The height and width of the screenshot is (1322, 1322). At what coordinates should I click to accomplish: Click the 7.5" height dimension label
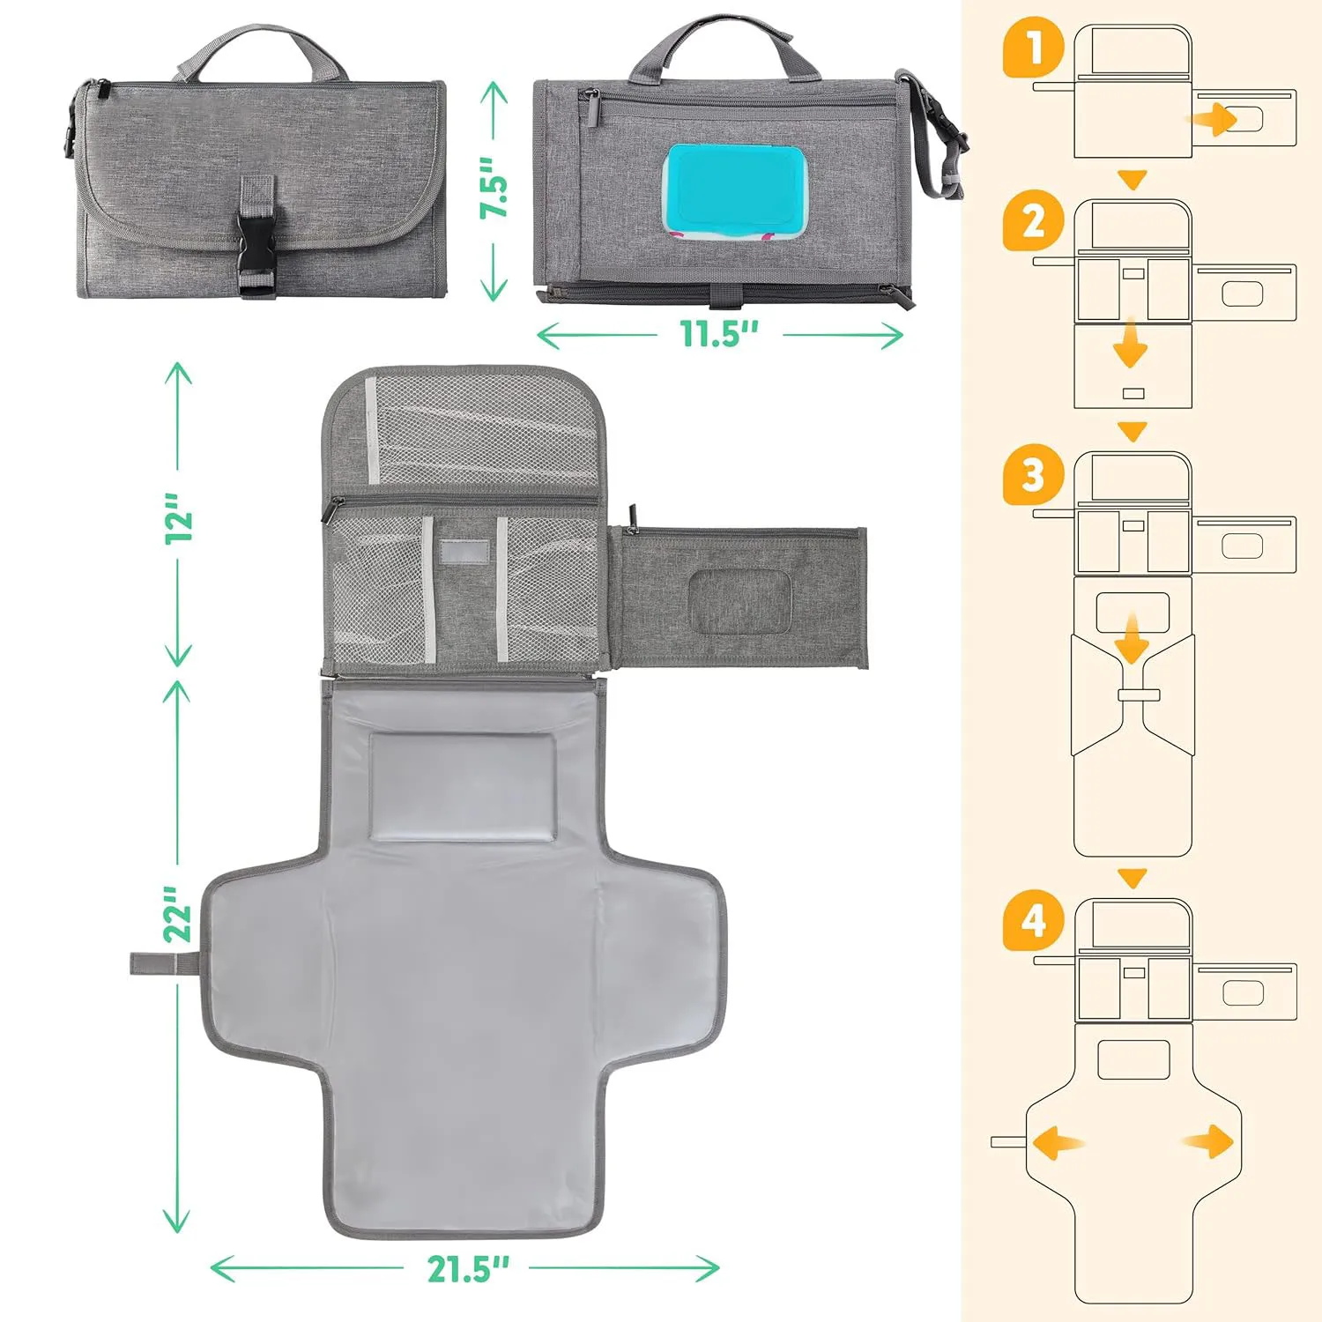coord(494,187)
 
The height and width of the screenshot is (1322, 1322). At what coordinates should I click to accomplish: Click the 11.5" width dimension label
coord(718,334)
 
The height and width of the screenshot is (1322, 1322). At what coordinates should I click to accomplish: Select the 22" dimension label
coord(178,913)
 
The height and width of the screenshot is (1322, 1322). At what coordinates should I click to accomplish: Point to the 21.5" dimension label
coord(469,1269)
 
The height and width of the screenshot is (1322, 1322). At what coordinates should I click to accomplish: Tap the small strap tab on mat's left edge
coord(163,963)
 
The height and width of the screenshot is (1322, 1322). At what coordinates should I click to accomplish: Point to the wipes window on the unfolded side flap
coord(739,602)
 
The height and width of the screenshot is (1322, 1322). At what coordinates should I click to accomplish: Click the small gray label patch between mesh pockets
coord(464,552)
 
